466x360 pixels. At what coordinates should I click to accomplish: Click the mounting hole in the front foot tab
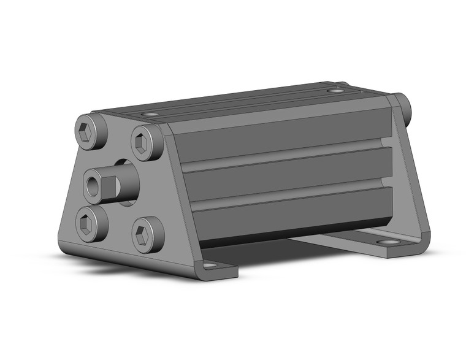209,266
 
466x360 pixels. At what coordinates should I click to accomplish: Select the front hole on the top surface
149,114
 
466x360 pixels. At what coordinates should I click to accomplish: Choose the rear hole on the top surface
335,91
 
